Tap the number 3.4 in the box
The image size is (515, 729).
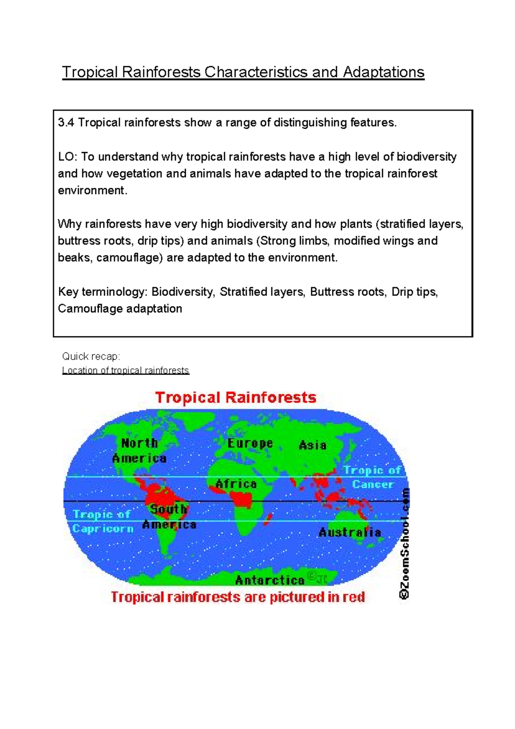tap(66, 123)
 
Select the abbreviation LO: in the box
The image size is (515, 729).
tap(67, 157)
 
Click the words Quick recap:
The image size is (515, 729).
tap(91, 356)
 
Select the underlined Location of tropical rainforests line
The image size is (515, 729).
tap(125, 370)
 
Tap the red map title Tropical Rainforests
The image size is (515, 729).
tap(236, 397)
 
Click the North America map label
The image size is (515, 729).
tap(139, 451)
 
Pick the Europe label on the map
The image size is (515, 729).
tap(250, 443)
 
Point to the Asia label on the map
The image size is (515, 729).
tap(312, 445)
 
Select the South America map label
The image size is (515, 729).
tap(169, 517)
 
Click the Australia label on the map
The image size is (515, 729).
tap(349, 533)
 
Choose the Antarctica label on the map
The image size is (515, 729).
tap(270, 580)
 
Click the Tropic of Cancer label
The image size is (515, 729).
tap(373, 477)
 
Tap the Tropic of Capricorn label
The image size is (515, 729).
tap(102, 522)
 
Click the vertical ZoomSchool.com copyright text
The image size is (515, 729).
tap(404, 543)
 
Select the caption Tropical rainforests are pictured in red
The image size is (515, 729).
tap(238, 597)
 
